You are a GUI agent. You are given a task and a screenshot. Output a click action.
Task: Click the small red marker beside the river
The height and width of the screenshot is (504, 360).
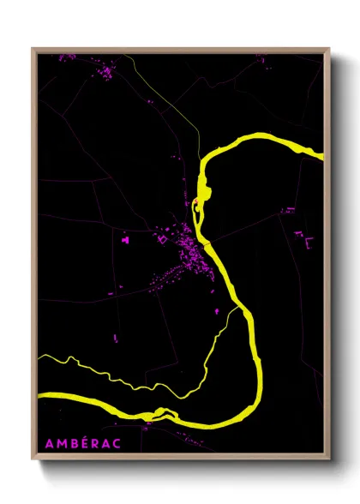coord(196,203)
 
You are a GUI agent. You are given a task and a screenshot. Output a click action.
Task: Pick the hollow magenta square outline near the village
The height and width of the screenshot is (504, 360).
coord(161,239)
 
